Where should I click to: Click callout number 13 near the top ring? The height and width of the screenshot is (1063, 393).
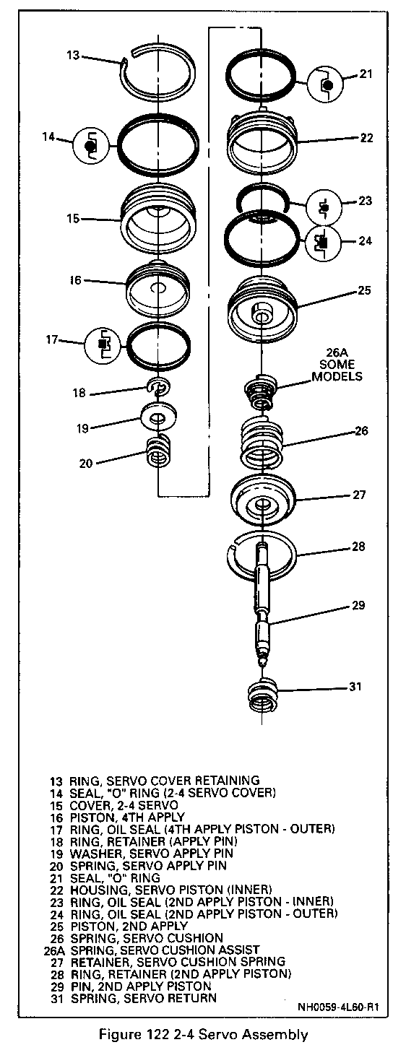pos(73,56)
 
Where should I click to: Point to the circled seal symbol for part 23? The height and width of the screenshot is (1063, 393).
pos(324,207)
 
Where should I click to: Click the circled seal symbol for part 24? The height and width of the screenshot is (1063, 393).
pos(323,243)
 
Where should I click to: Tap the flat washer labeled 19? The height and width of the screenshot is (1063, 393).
pos(158,417)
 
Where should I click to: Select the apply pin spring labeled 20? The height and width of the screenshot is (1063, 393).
pos(158,451)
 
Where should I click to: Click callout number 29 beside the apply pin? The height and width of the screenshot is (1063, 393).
pos(358,605)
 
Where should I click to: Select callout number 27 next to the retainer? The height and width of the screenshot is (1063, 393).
pos(359,495)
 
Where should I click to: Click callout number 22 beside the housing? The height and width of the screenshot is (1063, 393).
pos(366,138)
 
